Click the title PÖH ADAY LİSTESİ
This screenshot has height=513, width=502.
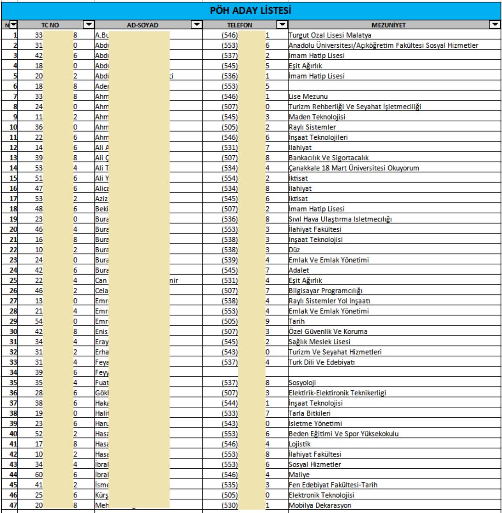tap(251, 9)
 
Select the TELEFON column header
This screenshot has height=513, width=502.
tap(240, 25)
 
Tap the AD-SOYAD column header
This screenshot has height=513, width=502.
tap(142, 25)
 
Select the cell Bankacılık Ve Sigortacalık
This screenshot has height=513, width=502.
tap(328, 158)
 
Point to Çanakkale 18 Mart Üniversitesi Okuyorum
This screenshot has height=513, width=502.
tap(354, 168)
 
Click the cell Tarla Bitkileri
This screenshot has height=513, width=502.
tap(310, 413)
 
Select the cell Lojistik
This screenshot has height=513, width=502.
tap(300, 444)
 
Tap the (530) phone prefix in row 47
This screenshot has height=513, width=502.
tap(230, 505)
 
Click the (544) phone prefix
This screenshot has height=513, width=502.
tap(230, 403)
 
